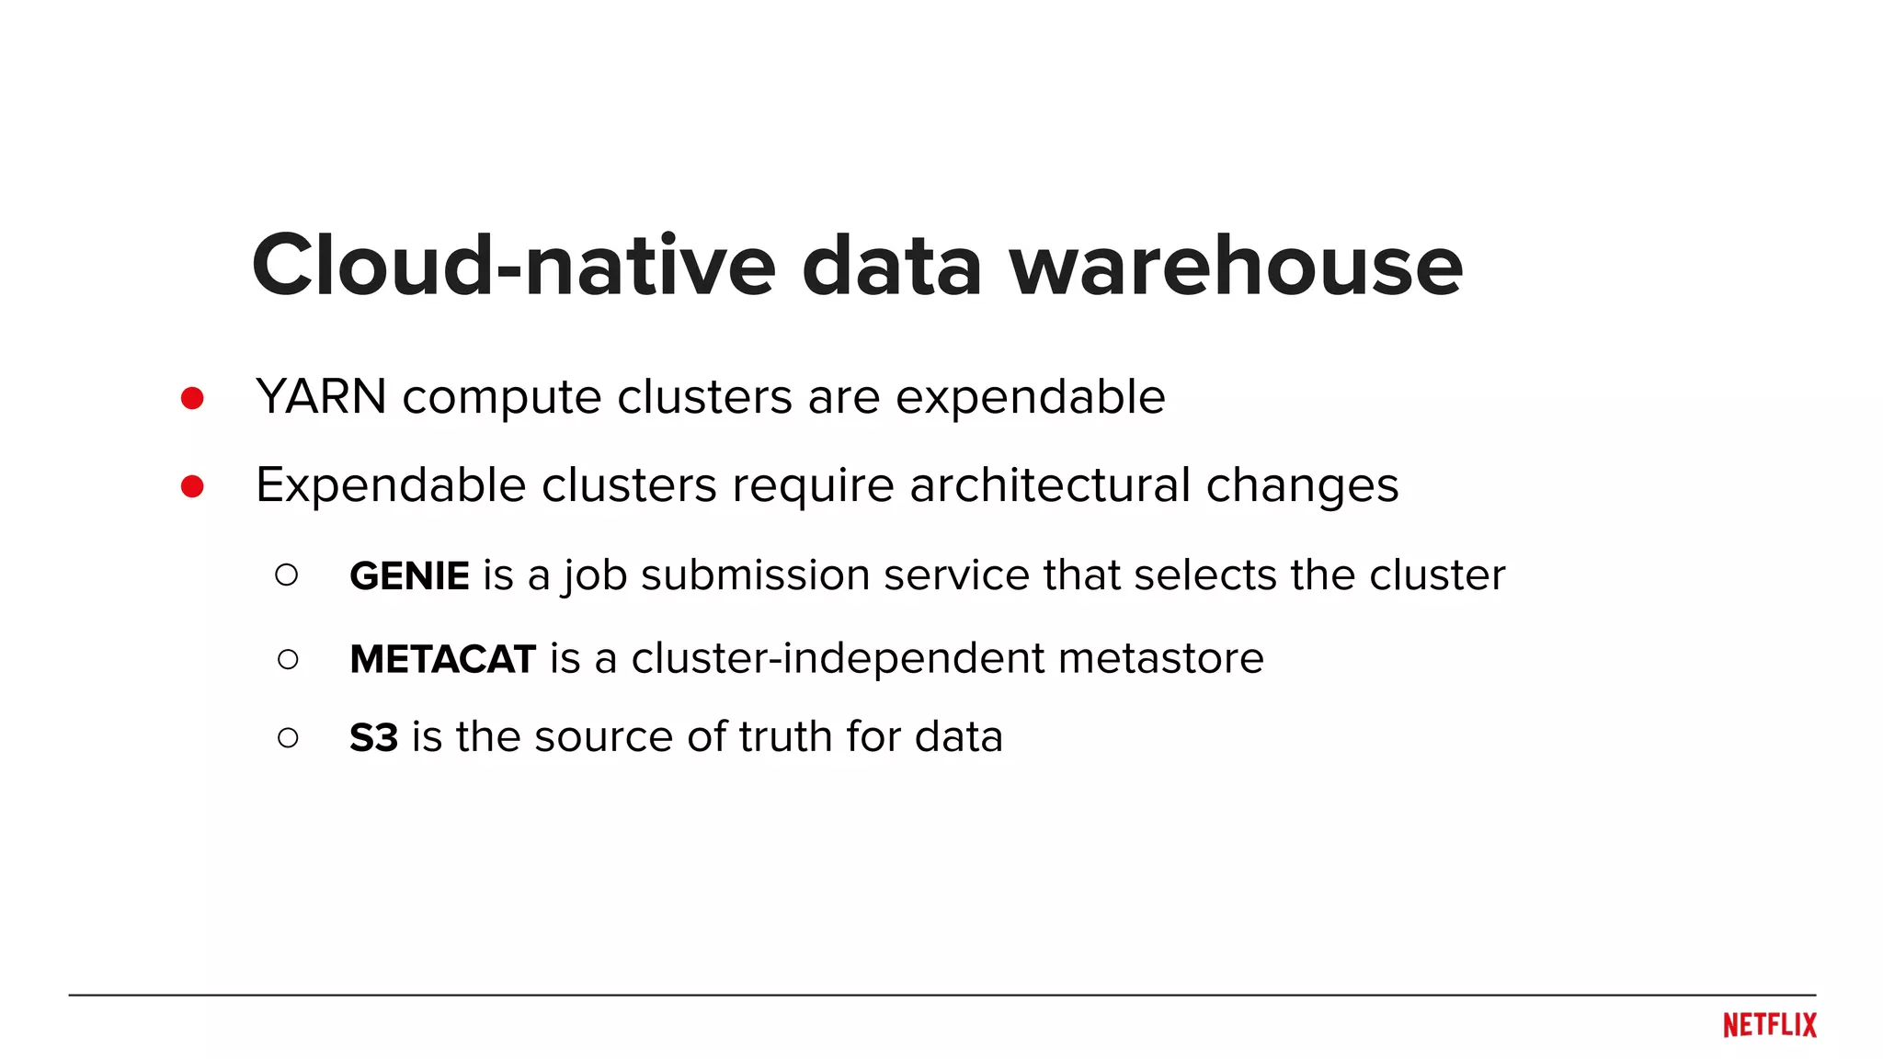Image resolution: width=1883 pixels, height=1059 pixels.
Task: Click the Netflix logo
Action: coord(1769,1025)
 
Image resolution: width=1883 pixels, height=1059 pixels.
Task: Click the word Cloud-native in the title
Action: coord(514,266)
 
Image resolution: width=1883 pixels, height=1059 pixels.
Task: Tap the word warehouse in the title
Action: coord(1236,266)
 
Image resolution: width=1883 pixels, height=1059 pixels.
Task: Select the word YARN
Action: coord(321,397)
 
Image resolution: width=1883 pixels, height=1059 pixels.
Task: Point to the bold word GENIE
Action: coord(409,576)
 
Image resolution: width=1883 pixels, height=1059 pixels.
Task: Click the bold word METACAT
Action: coord(442,659)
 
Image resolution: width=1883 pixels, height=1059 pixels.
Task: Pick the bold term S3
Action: coord(373,737)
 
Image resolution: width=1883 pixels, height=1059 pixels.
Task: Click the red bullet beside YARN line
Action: coord(192,398)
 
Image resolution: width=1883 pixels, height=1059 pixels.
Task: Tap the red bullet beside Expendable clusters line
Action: coord(192,485)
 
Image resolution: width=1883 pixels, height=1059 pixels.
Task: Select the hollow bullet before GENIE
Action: coord(287,575)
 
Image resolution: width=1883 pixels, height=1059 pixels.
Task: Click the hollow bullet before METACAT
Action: coord(288,659)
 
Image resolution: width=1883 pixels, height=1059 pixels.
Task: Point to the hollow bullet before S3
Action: coord(288,737)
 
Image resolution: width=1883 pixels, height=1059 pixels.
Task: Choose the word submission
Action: coord(755,575)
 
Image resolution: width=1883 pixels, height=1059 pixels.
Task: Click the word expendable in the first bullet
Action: coord(1030,398)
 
